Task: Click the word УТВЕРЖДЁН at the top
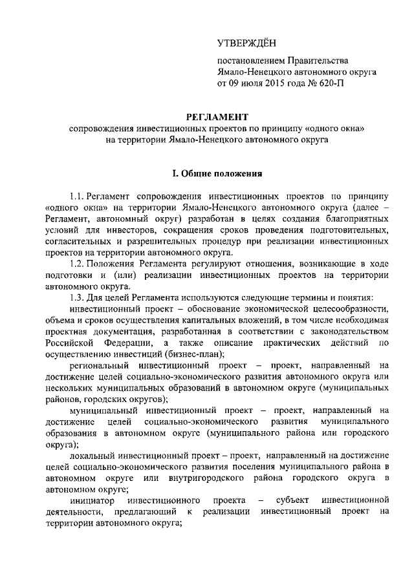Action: [x=246, y=43]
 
